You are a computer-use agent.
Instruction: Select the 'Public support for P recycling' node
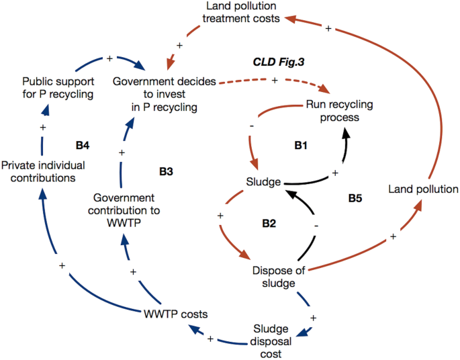58,87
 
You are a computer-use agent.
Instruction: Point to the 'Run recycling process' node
339,111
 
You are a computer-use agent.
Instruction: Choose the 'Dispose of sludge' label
279,277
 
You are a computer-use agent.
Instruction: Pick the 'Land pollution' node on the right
423,189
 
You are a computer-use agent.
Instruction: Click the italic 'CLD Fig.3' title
275,62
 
